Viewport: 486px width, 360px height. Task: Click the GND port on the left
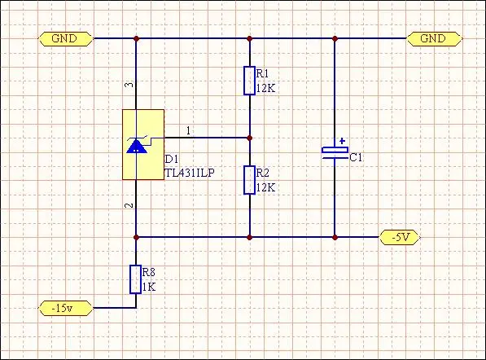pos(66,39)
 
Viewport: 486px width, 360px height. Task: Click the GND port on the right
pos(434,39)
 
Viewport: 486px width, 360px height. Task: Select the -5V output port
pos(400,238)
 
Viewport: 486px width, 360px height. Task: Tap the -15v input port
pos(66,308)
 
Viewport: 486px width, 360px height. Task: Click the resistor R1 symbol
pos(249,81)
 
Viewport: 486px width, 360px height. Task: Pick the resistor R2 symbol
pos(249,180)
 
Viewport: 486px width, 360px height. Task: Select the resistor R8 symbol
pos(135,279)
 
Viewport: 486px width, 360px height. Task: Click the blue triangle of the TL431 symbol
pos(137,147)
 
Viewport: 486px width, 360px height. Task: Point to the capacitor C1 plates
pos(335,153)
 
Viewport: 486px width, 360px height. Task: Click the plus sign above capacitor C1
pos(342,142)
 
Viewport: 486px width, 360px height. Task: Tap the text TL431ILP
pos(190,173)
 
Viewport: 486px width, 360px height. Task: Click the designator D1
pos(172,160)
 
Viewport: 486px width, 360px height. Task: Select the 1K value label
pos(149,288)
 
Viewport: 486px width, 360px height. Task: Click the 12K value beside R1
pos(265,89)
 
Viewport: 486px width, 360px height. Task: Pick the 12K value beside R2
pos(265,188)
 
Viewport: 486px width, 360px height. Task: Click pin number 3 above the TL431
pos(130,85)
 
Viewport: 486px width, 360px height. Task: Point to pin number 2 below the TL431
pos(129,205)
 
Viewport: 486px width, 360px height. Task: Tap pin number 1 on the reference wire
pos(188,131)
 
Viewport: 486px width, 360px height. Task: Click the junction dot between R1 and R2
pos(250,138)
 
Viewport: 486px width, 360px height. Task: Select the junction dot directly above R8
pos(136,238)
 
